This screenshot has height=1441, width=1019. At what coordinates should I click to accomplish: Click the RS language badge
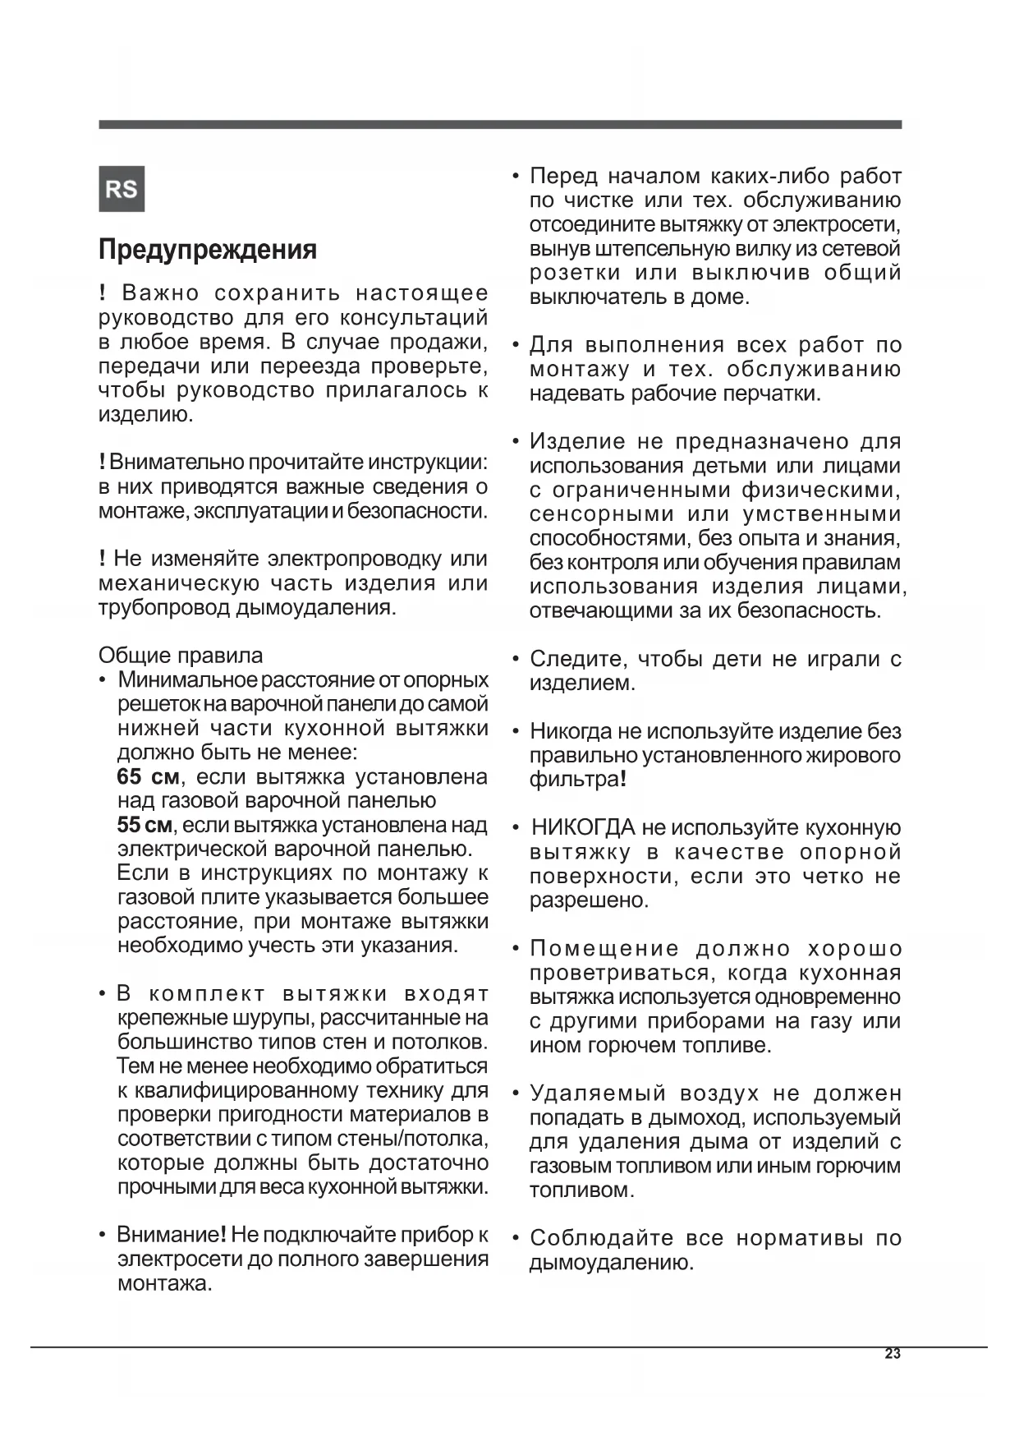pos(122,189)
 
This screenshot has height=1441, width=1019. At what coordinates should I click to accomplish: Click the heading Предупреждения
pos(208,250)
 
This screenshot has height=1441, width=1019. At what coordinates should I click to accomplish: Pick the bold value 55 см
pos(145,825)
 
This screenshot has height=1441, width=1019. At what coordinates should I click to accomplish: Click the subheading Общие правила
pos(181,656)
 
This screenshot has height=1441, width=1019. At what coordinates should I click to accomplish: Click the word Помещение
pos(604,949)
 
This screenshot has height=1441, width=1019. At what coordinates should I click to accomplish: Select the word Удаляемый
pos(598,1093)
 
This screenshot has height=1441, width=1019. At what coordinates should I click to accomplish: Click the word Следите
pos(579,659)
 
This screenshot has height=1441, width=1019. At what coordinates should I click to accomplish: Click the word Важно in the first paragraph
pos(161,293)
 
